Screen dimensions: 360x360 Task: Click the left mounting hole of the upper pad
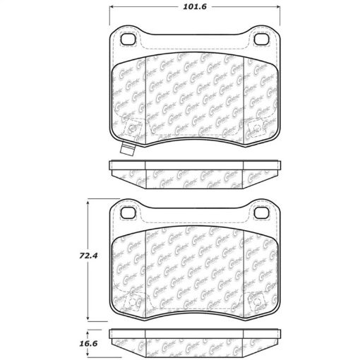tap(129, 40)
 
